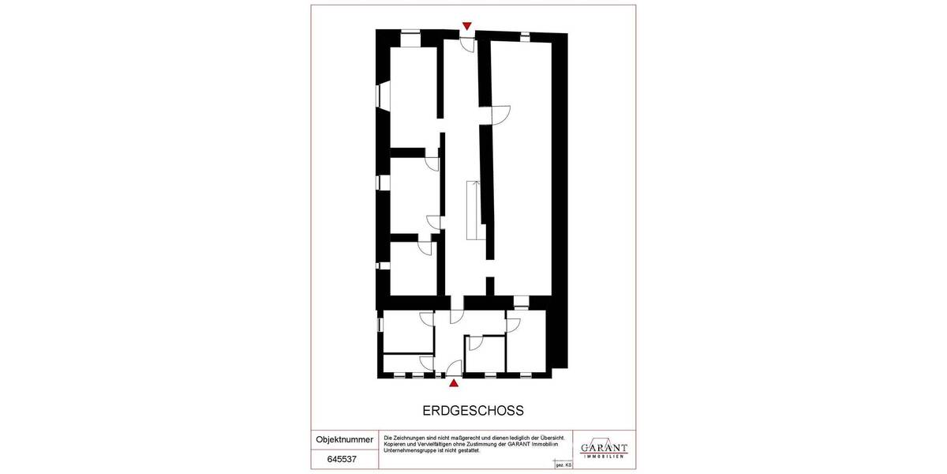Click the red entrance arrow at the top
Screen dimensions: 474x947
pos(467,26)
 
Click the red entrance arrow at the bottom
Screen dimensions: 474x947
pos(454,384)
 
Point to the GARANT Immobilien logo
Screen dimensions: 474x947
pos(604,448)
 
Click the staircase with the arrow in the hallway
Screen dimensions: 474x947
pos(473,209)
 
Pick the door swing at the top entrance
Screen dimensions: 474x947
pos(468,44)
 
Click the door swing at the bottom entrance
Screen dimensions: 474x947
pos(455,367)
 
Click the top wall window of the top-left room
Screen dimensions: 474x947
pos(410,32)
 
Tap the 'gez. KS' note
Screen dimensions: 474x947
pos(563,466)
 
